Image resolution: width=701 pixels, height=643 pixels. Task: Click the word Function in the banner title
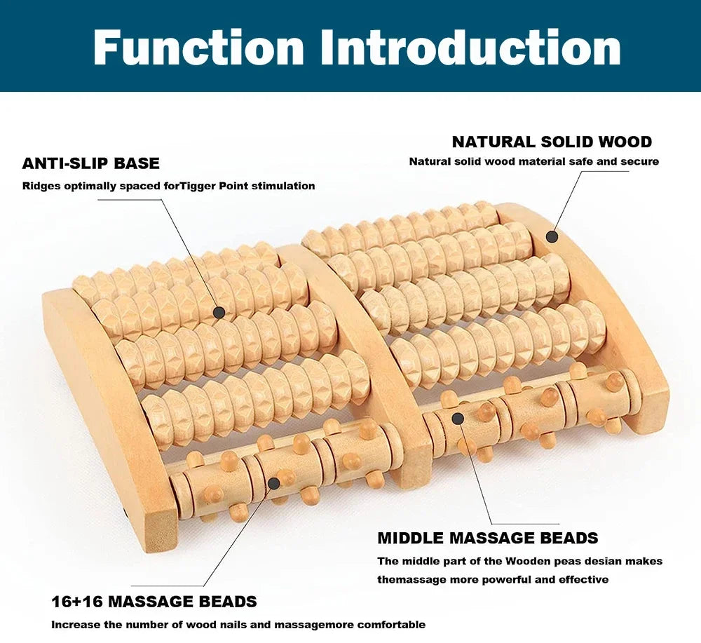click(198, 48)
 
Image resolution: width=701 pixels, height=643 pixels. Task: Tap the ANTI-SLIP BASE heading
click(91, 163)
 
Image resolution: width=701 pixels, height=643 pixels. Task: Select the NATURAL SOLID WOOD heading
click(552, 142)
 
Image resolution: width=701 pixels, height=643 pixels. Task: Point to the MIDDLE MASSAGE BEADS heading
click(488, 539)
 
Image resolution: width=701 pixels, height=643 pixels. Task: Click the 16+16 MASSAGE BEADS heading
click(154, 602)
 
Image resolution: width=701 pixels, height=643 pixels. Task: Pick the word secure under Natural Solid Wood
click(640, 161)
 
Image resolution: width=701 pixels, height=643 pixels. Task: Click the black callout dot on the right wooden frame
click(552, 237)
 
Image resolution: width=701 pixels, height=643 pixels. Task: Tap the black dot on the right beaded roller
click(458, 419)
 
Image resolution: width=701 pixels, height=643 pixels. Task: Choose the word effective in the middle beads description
click(583, 579)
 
